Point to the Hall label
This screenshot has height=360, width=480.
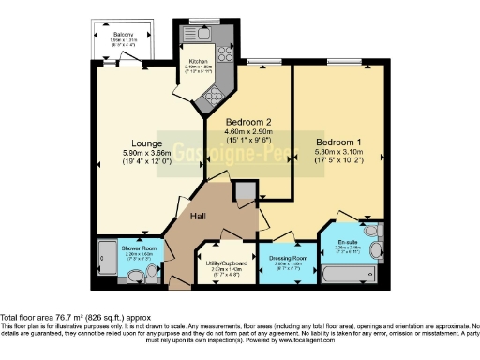coord(199,217)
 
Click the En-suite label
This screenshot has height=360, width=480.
coord(348,242)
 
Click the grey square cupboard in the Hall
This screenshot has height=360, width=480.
coord(246,193)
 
